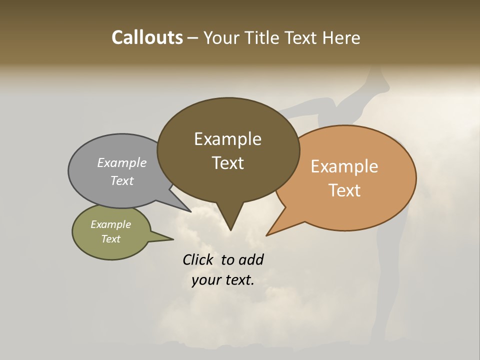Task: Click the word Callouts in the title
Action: tap(147, 37)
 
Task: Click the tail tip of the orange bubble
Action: tap(267, 235)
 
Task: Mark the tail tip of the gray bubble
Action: tap(190, 211)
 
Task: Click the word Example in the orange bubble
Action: tap(344, 166)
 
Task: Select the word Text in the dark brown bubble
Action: tap(228, 163)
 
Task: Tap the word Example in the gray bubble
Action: tap(122, 162)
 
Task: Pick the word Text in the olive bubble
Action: tap(111, 239)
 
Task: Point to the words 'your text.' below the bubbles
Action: tap(223, 280)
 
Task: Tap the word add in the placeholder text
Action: tap(251, 259)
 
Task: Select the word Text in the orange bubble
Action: tap(345, 190)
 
